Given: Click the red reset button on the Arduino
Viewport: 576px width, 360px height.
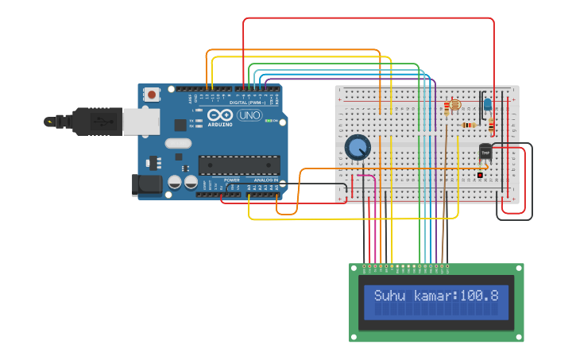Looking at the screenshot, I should tap(152, 95).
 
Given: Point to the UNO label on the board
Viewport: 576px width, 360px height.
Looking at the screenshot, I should tap(249, 115).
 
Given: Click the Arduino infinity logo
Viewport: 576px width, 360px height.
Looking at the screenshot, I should tap(219, 115).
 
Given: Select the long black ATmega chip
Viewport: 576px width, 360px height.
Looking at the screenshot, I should tap(239, 165).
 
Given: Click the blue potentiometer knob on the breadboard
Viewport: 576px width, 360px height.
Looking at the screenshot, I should tap(358, 146).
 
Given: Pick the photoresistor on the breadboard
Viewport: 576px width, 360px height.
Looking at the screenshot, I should tap(454, 105).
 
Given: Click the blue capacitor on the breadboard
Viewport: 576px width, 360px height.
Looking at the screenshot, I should tap(486, 103).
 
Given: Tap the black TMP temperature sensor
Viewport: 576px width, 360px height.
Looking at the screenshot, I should tap(485, 153).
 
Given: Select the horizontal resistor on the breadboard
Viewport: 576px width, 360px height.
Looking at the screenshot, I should tap(470, 125).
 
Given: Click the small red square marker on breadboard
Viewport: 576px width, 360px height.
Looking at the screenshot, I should tap(480, 174).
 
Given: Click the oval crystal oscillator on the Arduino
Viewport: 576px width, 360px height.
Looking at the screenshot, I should tap(178, 144).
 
